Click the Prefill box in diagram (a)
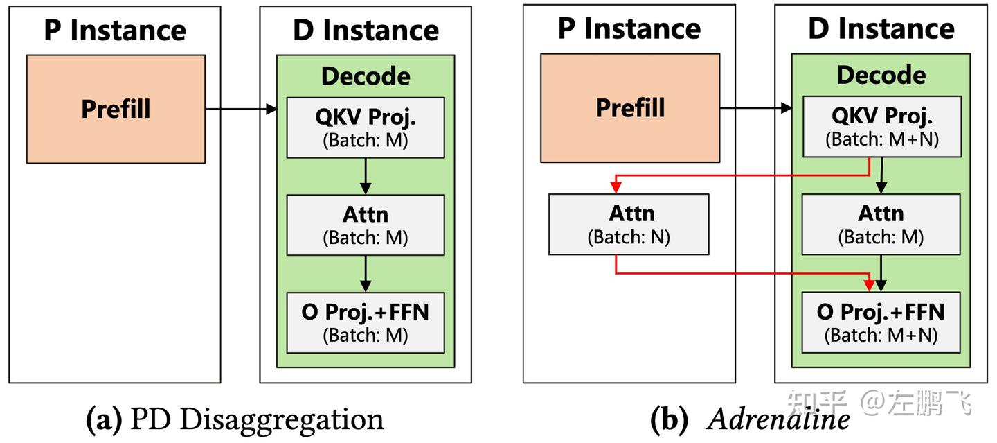(x=116, y=109)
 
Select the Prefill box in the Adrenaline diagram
(x=629, y=108)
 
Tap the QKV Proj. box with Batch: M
(x=366, y=127)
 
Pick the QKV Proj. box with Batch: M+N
(x=881, y=126)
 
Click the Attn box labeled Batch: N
(x=629, y=224)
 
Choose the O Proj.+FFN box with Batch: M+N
(x=881, y=322)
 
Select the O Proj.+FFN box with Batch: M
(x=366, y=322)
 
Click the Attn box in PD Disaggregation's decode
(x=366, y=225)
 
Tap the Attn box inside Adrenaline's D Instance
(x=881, y=224)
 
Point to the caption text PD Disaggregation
(x=257, y=419)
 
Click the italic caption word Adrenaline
(x=778, y=419)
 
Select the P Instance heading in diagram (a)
(x=115, y=31)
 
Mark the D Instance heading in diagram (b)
(x=881, y=29)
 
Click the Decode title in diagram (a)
(x=366, y=76)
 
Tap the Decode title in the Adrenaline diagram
(x=881, y=75)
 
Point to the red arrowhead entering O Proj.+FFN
(x=870, y=285)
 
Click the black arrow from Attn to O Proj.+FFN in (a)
(x=366, y=274)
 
